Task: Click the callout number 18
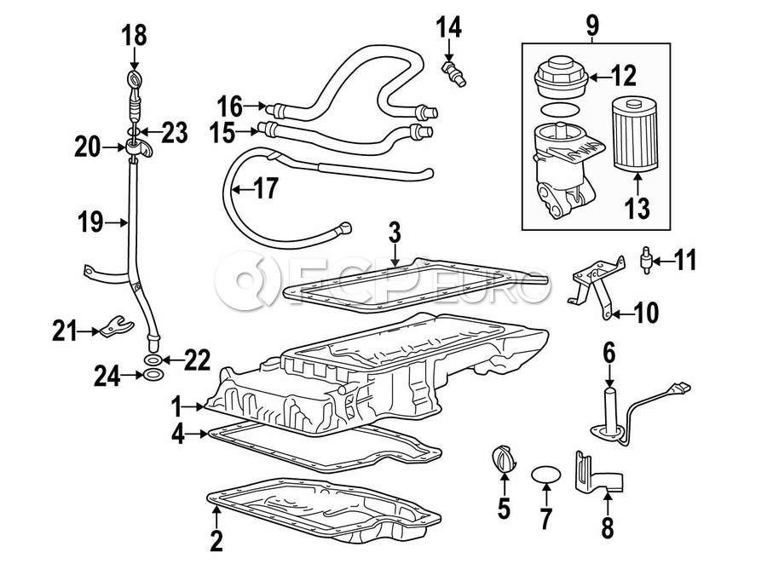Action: (134, 36)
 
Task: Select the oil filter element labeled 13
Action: (635, 135)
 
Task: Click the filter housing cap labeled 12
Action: (561, 78)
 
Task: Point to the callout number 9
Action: (592, 25)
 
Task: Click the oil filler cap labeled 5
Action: (502, 460)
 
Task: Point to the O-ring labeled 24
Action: (153, 375)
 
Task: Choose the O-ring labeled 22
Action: (153, 361)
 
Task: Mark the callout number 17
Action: (266, 188)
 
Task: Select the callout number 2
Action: (216, 540)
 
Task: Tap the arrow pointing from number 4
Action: (197, 434)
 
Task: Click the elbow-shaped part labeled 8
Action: (599, 472)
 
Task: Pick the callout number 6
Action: (609, 354)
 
